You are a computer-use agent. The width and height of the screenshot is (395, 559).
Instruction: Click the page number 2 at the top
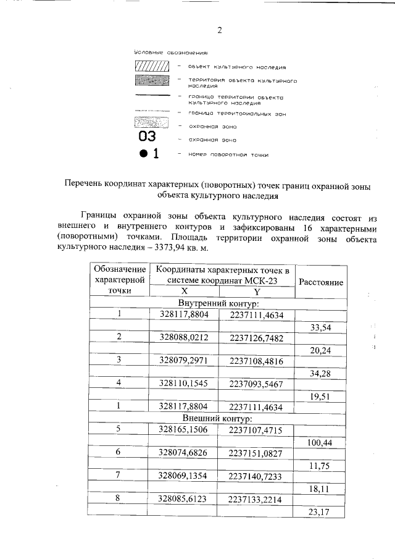[218, 30]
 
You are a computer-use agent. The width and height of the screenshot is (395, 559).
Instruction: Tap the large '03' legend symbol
[148, 137]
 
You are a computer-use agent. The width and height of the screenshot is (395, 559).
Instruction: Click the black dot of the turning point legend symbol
[143, 154]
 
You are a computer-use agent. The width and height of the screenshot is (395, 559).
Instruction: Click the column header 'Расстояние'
[321, 282]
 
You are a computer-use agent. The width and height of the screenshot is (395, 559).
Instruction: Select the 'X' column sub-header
[184, 292]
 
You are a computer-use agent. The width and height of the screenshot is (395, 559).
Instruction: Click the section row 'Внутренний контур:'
[218, 303]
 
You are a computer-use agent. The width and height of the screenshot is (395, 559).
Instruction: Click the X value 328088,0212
[184, 337]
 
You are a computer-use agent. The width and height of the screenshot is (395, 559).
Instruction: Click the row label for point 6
[118, 452]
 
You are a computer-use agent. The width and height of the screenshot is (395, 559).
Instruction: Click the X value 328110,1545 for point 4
[184, 383]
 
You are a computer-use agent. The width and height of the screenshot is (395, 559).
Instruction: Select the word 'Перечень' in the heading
[86, 183]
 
